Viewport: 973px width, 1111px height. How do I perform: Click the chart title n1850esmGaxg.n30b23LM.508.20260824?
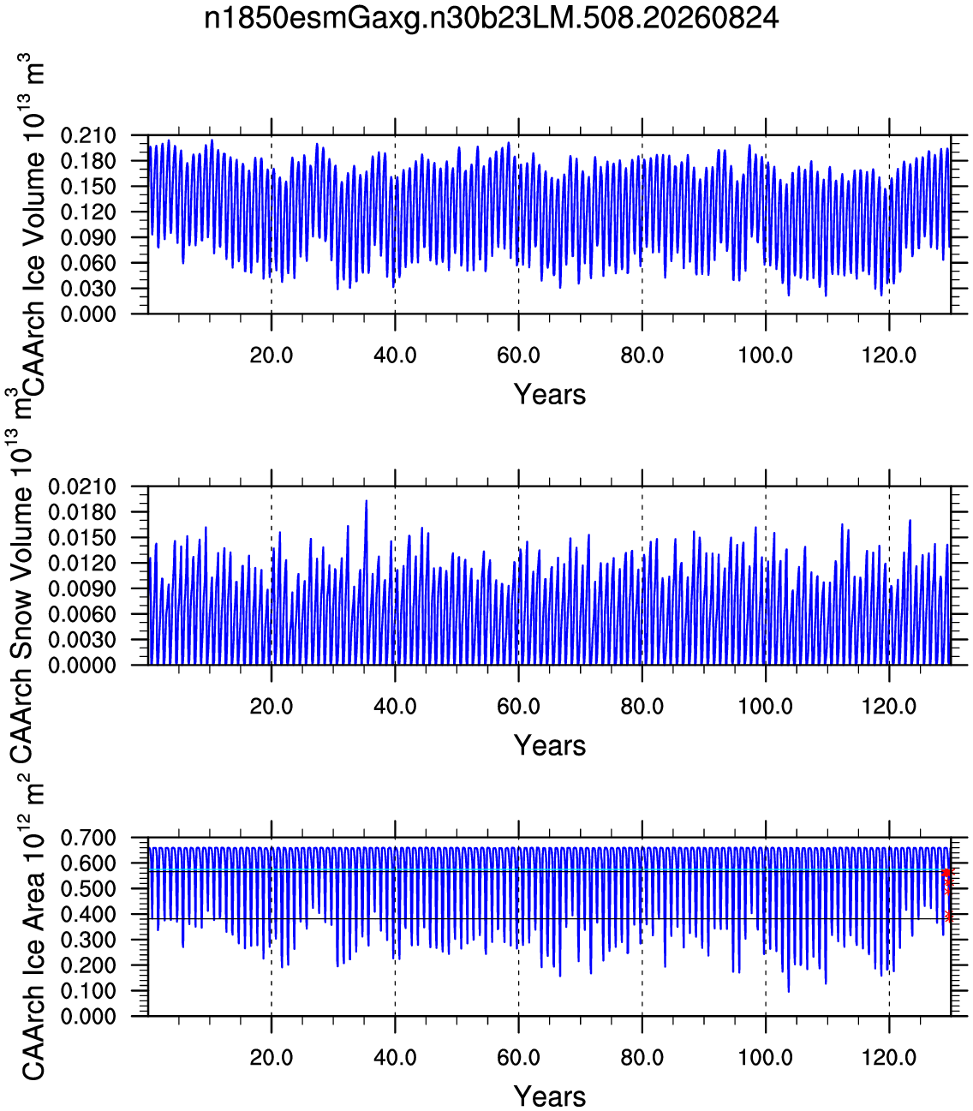coord(492,18)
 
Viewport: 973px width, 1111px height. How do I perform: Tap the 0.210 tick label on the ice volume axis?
coord(88,135)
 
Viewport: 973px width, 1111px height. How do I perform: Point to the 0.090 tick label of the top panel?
coord(88,238)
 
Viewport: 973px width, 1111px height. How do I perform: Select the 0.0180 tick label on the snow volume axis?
coord(82,512)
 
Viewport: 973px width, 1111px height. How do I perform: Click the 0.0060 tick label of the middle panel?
coord(82,615)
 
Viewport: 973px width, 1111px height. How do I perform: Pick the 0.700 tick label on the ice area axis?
coord(88,838)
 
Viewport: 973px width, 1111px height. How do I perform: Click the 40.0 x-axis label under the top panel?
coord(395,355)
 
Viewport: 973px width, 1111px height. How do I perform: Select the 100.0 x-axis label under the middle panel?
coord(766,707)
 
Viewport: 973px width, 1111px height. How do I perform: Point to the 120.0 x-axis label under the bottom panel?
coord(889,1058)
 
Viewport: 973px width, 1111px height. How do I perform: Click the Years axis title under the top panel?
coord(550,395)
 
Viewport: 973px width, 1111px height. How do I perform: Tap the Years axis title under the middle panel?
coord(550,745)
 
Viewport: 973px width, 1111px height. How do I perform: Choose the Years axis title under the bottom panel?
coord(550,1096)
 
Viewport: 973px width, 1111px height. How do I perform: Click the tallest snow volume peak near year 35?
coord(367,500)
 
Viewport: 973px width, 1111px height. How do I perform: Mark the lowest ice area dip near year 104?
coord(788,992)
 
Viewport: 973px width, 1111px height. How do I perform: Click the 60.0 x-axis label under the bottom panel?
coord(518,1058)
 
